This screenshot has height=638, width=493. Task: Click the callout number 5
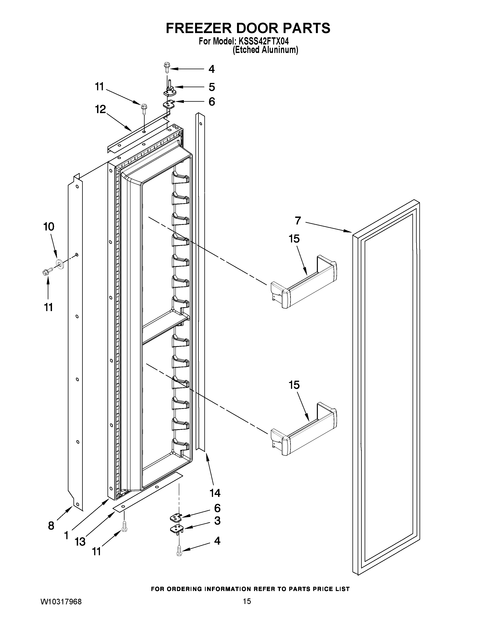[x=212, y=87]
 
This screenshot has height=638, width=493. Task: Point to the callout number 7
[x=298, y=221]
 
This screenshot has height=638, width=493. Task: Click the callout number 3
[x=217, y=521]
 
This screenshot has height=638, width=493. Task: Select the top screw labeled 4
[x=167, y=67]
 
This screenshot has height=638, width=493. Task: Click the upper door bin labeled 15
[x=304, y=282]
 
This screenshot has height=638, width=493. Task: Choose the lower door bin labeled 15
[x=304, y=428]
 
